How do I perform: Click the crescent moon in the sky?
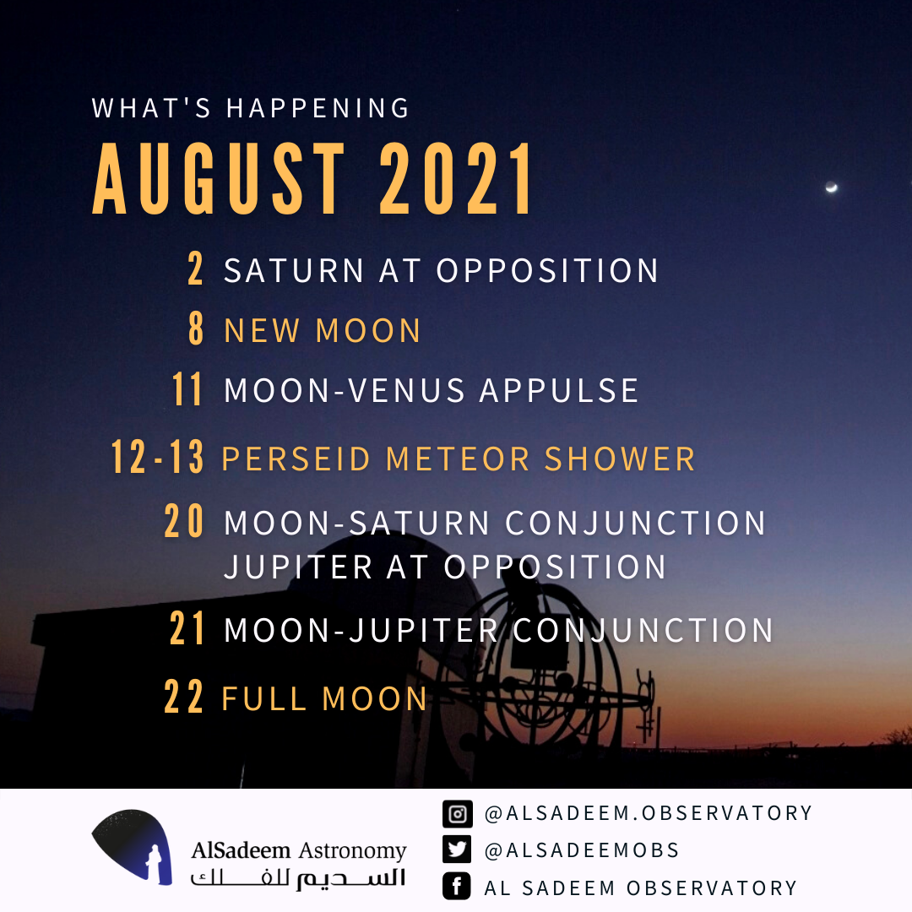pyautogui.click(x=832, y=187)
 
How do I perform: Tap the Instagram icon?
pyautogui.click(x=457, y=814)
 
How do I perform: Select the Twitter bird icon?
pyautogui.click(x=457, y=850)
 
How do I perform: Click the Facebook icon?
pyautogui.click(x=457, y=887)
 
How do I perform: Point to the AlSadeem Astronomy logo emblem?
pyautogui.click(x=133, y=847)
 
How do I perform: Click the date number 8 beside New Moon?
pyautogui.click(x=196, y=328)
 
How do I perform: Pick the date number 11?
pyautogui.click(x=187, y=388)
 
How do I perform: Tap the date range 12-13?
pyautogui.click(x=158, y=457)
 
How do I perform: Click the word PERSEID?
pyautogui.click(x=296, y=459)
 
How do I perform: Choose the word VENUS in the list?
pyautogui.click(x=407, y=390)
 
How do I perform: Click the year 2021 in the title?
pyautogui.click(x=456, y=178)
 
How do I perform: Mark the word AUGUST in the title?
pyautogui.click(x=220, y=178)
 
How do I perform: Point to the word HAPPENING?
pyautogui.click(x=318, y=108)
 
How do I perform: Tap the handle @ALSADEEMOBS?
pyautogui.click(x=582, y=850)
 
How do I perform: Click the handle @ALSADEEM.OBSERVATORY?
pyautogui.click(x=649, y=813)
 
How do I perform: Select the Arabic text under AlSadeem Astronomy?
pyautogui.click(x=298, y=878)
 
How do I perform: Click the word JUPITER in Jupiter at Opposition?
pyautogui.click(x=298, y=567)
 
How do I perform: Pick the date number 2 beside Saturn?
pyautogui.click(x=195, y=269)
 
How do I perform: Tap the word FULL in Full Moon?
pyautogui.click(x=264, y=698)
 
